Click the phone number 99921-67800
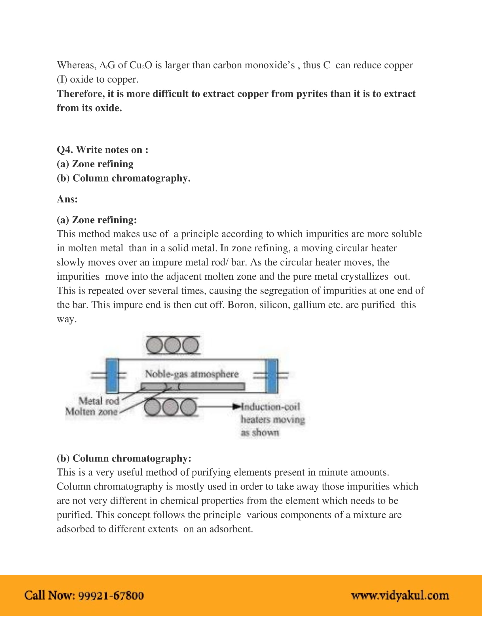(x=111, y=595)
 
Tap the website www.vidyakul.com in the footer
(x=400, y=596)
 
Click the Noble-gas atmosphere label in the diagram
(x=192, y=374)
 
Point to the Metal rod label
(x=99, y=401)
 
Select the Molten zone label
(x=91, y=412)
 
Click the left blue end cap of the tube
(x=112, y=376)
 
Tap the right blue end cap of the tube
(x=271, y=376)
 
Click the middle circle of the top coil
(x=172, y=345)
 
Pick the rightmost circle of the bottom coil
(x=189, y=407)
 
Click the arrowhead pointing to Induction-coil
(x=236, y=406)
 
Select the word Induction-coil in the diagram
(x=270, y=406)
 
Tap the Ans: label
(x=67, y=199)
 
